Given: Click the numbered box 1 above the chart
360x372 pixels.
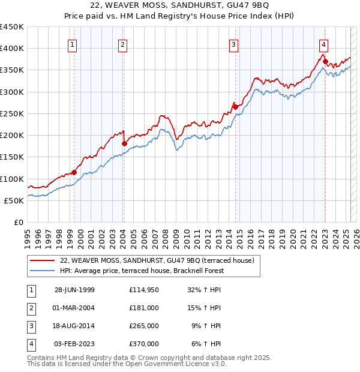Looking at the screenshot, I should click(x=72, y=44).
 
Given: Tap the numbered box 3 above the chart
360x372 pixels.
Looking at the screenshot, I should click(x=233, y=44).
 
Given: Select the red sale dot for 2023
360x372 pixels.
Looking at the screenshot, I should click(x=325, y=61).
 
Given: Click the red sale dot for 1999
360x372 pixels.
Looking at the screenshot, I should click(x=74, y=172).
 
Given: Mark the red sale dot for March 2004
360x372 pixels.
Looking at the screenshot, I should click(x=124, y=143).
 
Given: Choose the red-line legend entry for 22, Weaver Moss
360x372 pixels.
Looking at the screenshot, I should click(x=157, y=260).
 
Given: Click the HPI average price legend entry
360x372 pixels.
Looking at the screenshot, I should click(x=142, y=271).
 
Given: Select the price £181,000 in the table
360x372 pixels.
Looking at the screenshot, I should click(x=143, y=308).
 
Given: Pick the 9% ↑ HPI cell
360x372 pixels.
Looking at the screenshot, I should click(x=206, y=326).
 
